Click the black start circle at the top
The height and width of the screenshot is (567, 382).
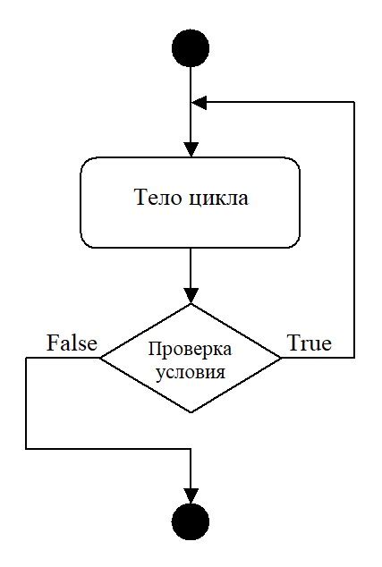[x=191, y=48]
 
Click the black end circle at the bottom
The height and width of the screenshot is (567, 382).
[x=191, y=521]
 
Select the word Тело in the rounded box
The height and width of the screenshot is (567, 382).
[x=158, y=198]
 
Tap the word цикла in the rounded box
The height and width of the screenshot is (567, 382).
[x=218, y=199]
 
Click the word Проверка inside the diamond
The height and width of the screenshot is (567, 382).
[x=191, y=350]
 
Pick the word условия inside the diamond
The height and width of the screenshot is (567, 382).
[x=191, y=372]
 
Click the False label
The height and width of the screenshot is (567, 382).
[x=72, y=343]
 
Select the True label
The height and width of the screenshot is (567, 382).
[x=310, y=343]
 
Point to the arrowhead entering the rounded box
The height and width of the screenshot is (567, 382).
[x=191, y=149]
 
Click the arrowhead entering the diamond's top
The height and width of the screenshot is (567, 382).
[x=191, y=296]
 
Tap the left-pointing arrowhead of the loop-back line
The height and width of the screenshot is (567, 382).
[x=199, y=102]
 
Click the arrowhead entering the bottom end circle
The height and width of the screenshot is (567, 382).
[x=191, y=495]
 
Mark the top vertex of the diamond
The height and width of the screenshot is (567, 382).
[x=191, y=304]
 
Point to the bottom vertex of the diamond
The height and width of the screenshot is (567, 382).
[x=191, y=412]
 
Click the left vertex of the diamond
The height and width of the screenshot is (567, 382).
[x=100, y=358]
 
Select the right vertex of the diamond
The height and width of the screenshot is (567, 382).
[x=281, y=358]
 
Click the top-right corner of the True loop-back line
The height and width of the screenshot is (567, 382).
[x=353, y=102]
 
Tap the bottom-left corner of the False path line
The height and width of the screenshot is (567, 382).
[x=26, y=449]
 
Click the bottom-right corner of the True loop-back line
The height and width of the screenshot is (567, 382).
[x=353, y=358]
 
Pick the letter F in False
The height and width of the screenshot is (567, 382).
[x=53, y=343]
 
